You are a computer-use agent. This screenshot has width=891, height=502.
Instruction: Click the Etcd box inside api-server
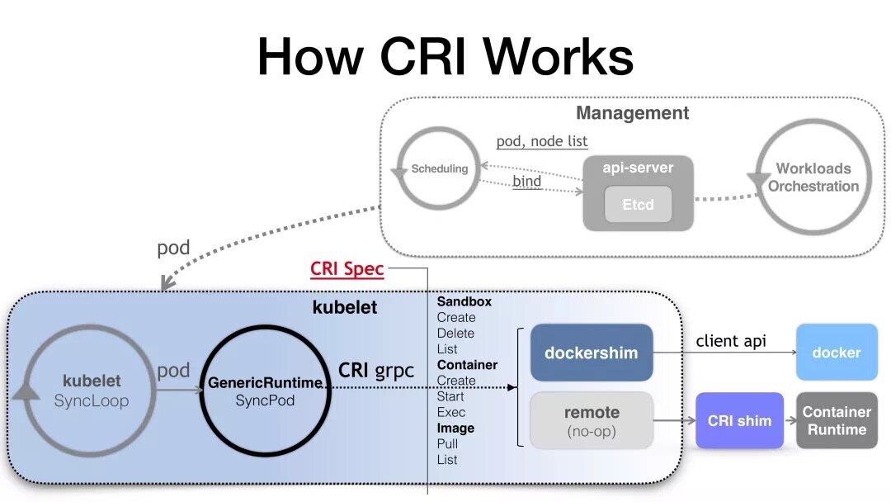click(638, 205)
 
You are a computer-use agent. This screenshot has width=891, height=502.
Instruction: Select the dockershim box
click(591, 353)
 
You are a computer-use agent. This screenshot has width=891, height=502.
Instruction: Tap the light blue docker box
click(836, 353)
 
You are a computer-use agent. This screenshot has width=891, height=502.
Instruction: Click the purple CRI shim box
click(739, 420)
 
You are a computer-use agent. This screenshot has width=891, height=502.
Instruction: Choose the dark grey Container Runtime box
click(837, 420)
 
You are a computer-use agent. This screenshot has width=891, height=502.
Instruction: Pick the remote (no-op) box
click(591, 420)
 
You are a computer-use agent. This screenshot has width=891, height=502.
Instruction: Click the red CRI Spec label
click(347, 269)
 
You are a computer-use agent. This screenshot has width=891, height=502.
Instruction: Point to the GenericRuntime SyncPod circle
click(265, 391)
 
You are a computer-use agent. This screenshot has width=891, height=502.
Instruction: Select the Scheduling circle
click(439, 169)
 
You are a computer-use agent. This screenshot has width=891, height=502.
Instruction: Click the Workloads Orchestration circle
click(813, 178)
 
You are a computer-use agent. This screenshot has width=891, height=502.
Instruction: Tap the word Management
click(632, 113)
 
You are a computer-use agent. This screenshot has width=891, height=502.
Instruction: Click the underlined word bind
click(527, 181)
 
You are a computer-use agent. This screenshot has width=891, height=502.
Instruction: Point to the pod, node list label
click(542, 142)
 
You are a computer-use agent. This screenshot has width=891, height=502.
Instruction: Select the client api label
click(730, 341)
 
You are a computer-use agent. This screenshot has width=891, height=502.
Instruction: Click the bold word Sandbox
click(464, 301)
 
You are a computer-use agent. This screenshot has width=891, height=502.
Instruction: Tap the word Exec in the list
click(451, 412)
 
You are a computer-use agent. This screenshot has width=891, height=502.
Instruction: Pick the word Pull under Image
click(447, 443)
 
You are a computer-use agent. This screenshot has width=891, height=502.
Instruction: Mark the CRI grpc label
click(376, 370)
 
